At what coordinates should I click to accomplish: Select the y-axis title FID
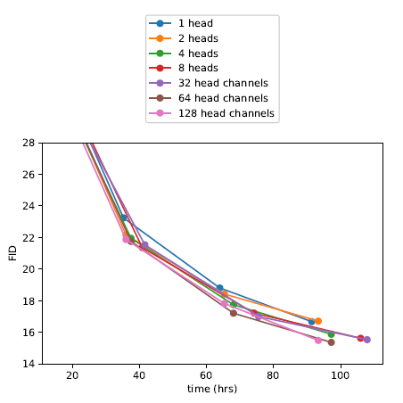click(13, 253)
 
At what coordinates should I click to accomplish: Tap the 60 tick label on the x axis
click(206, 375)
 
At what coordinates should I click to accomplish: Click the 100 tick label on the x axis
click(340, 375)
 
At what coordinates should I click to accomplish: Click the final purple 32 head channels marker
click(367, 340)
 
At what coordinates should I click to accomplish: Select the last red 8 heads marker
click(360, 338)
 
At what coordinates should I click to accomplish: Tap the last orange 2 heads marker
click(318, 321)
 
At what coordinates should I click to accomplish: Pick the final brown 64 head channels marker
click(331, 342)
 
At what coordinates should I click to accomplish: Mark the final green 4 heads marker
click(331, 334)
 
